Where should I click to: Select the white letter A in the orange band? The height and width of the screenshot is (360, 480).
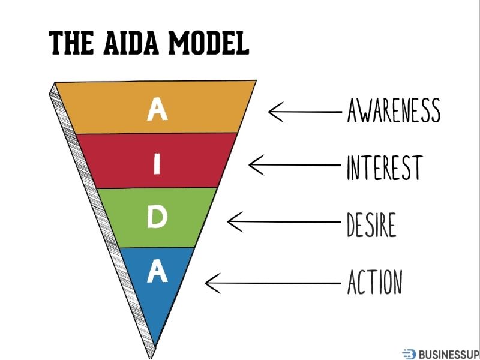click(x=157, y=109)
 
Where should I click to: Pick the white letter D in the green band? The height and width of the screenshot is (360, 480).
click(x=157, y=218)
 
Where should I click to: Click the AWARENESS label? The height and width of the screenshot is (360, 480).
click(x=394, y=110)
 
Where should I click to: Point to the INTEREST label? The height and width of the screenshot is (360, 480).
click(x=385, y=167)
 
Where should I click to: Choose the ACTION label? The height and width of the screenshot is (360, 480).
click(x=374, y=281)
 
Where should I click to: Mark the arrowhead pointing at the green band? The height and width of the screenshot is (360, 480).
click(x=231, y=222)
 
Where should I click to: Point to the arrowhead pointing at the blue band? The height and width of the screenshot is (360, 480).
click(x=209, y=280)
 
